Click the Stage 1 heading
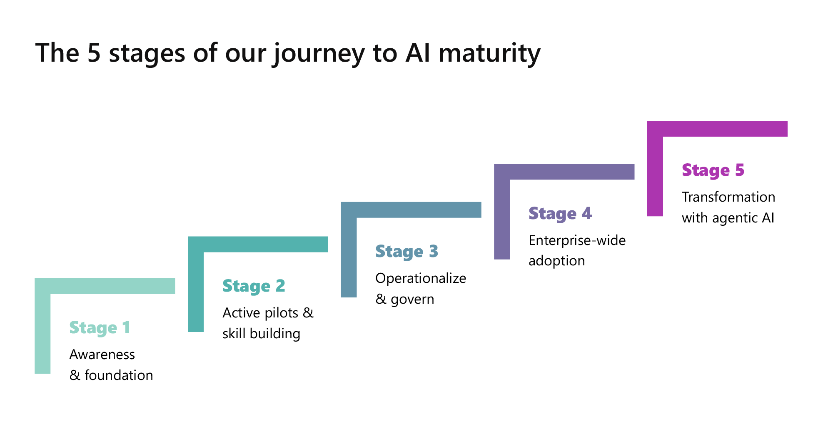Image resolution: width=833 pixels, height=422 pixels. point(100,328)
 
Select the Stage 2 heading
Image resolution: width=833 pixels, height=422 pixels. point(254,286)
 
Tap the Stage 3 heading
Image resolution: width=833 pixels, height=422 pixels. point(407,252)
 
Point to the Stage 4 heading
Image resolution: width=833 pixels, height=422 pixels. point(560,214)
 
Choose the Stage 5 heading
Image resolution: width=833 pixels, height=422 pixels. point(713,170)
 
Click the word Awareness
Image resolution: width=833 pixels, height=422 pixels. point(102,355)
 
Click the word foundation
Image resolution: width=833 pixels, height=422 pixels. point(119,375)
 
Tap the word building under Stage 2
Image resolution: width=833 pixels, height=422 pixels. point(275,334)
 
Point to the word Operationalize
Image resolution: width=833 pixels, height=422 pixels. point(421,278)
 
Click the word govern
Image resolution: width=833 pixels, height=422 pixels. point(412,299)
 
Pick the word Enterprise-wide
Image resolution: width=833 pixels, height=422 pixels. point(577,240)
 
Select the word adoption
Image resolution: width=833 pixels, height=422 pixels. point(556,261)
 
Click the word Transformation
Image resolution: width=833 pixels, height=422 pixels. point(728,197)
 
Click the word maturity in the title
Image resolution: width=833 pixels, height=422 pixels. point(489,53)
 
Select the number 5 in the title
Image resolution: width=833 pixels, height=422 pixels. point(94,53)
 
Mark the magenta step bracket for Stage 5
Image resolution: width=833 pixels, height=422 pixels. point(716,129)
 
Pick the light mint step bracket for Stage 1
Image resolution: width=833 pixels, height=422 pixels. point(104,286)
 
